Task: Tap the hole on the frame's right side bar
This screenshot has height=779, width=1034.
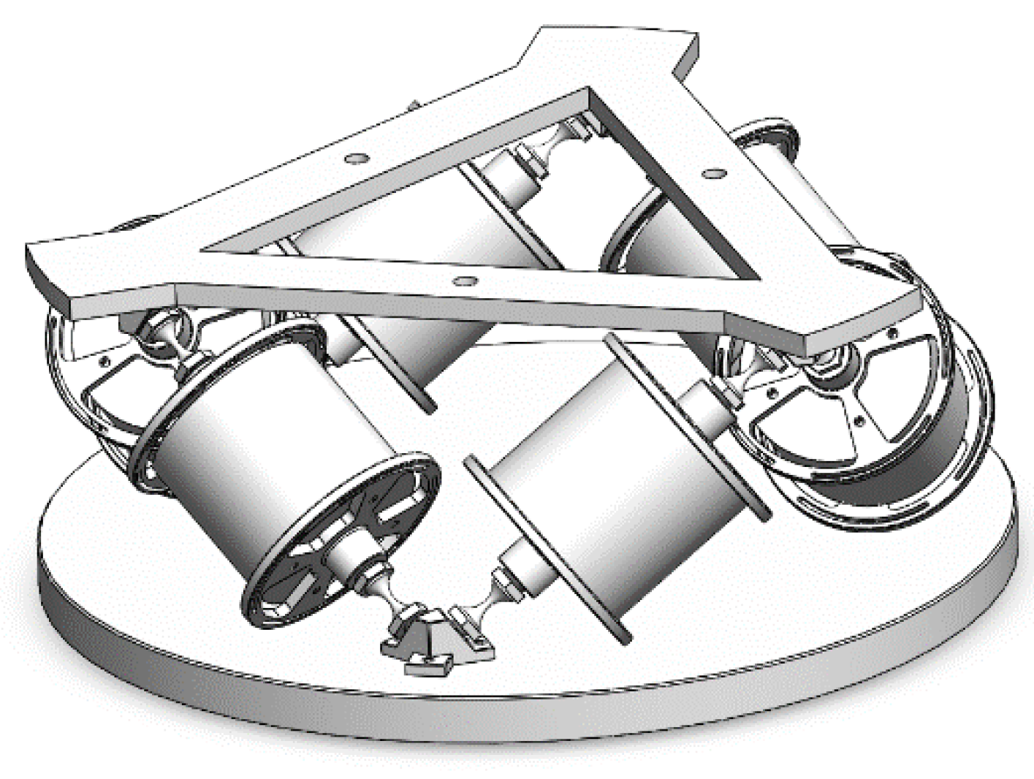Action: tap(715, 174)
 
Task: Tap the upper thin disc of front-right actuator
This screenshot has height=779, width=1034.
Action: tap(687, 427)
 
